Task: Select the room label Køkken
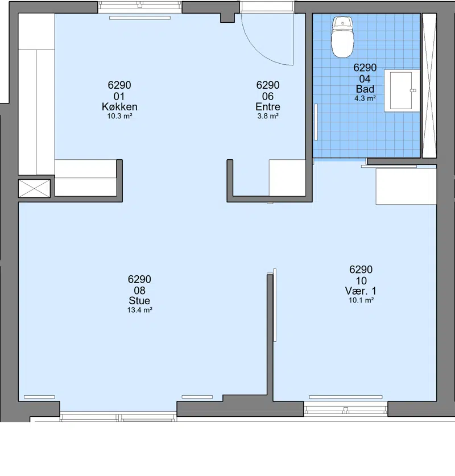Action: [x=119, y=106]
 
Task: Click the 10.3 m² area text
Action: [x=119, y=116]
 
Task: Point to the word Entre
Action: [x=268, y=106]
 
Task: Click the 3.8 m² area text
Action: [x=268, y=116]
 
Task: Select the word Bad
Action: [x=365, y=89]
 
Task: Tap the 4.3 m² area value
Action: [x=365, y=98]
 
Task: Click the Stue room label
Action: [x=139, y=300]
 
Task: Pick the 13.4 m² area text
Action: [x=139, y=310]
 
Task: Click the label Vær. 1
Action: [x=361, y=291]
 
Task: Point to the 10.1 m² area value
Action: [x=361, y=300]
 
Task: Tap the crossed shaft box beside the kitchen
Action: [x=34, y=188]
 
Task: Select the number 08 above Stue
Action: [x=139, y=291]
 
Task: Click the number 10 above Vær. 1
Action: [x=361, y=281]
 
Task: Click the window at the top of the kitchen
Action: [x=140, y=7]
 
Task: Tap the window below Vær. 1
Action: [x=345, y=408]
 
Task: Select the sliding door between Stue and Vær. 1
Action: [x=275, y=305]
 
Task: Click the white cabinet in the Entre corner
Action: [x=287, y=177]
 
